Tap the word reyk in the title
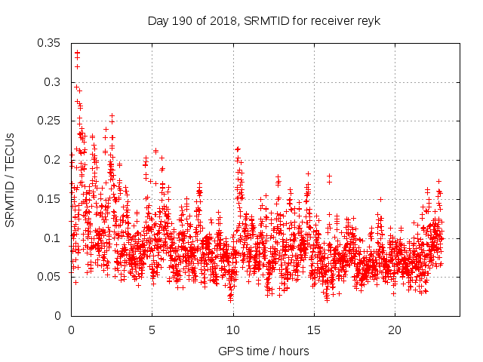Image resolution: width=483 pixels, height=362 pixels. (x=368, y=20)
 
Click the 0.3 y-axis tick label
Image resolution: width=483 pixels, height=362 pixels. (x=54, y=81)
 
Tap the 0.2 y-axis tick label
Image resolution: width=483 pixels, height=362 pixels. (x=54, y=159)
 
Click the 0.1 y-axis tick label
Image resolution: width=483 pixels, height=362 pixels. (x=54, y=238)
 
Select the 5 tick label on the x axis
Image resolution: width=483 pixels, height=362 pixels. (x=152, y=330)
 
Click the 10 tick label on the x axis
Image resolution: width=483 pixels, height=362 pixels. (x=232, y=330)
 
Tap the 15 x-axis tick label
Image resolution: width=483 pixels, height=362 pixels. (x=313, y=330)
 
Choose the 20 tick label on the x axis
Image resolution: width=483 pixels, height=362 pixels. (x=394, y=330)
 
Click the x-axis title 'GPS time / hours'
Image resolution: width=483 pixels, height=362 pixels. (x=263, y=351)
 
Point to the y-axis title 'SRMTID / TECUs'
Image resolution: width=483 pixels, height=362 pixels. (x=11, y=179)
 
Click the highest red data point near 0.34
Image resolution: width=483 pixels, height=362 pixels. (x=77, y=53)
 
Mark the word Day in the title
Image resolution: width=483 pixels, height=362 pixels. (x=158, y=20)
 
